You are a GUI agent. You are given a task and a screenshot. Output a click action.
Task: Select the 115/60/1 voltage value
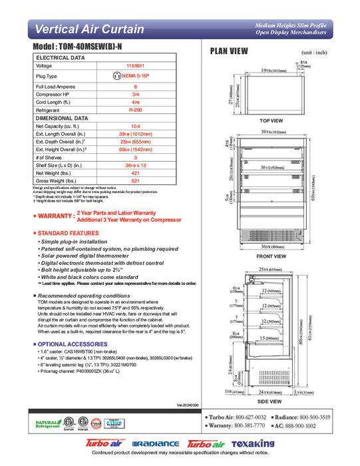click(x=135, y=66)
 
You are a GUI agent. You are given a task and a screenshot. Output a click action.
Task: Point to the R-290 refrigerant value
click(x=135, y=109)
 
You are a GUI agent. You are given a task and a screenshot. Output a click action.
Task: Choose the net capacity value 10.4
click(x=135, y=125)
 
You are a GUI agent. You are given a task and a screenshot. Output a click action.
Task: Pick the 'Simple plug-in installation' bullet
click(x=73, y=241)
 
